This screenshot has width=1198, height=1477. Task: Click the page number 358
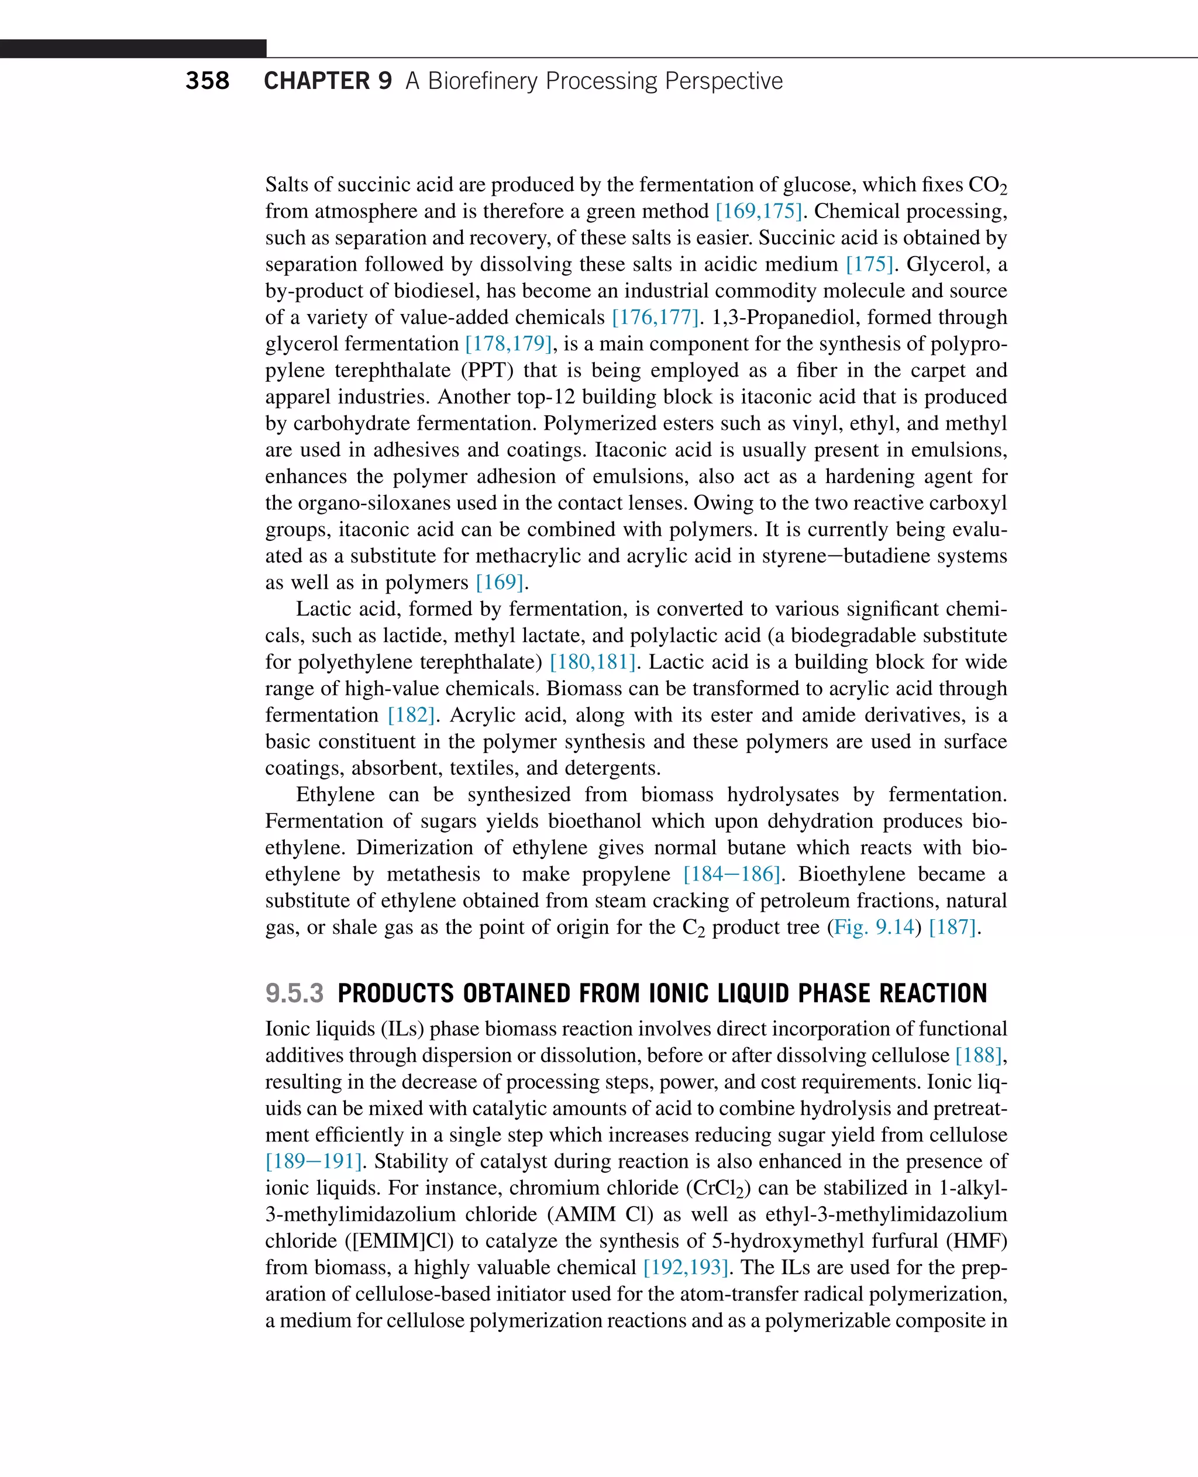tap(207, 81)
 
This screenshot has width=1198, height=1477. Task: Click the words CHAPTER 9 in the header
tap(328, 81)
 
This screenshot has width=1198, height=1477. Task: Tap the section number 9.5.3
tap(294, 993)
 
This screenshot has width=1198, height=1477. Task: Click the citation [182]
tap(411, 715)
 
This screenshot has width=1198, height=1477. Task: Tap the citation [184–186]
tap(732, 874)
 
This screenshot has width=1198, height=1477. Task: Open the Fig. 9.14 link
tap(874, 927)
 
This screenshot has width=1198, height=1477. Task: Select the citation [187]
tap(952, 927)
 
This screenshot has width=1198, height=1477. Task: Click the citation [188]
tap(979, 1055)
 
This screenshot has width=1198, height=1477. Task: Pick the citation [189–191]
tap(314, 1161)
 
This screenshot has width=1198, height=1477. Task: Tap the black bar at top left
tap(133, 49)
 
